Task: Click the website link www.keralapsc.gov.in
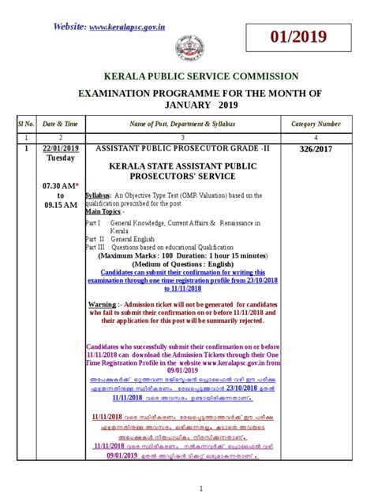[126, 27]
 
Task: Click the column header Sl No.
[23, 124]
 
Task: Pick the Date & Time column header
[59, 124]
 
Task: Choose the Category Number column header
[316, 124]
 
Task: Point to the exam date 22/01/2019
[59, 148]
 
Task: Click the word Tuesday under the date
[59, 159]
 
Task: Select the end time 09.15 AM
[59, 205]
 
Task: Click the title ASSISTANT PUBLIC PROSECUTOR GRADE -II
[182, 148]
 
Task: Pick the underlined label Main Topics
[103, 211]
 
